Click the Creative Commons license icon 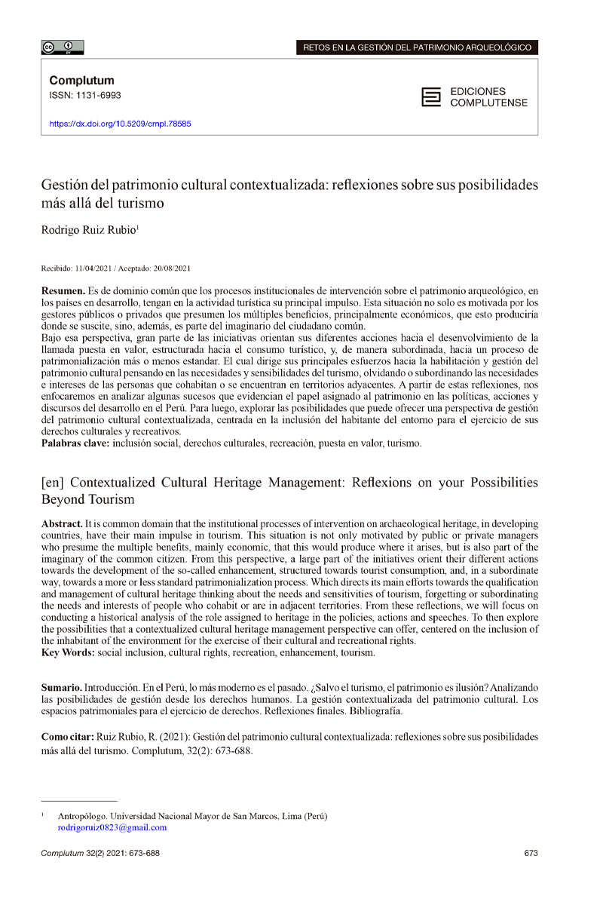pyautogui.click(x=63, y=48)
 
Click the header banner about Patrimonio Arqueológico pyautogui.click(x=420, y=48)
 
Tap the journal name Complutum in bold pyautogui.click(x=81, y=80)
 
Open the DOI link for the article pyautogui.click(x=120, y=123)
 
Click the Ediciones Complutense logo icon pyautogui.click(x=431, y=97)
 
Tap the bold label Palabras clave pyautogui.click(x=75, y=443)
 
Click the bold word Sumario pyautogui.click(x=62, y=689)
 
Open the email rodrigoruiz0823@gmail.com pyautogui.click(x=112, y=827)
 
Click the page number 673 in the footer pyautogui.click(x=530, y=853)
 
